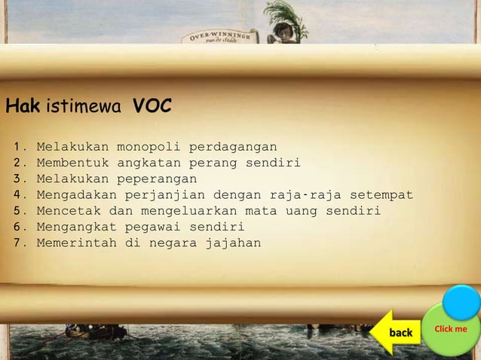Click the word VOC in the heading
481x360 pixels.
pos(152,108)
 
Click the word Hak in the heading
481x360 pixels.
pos(23,108)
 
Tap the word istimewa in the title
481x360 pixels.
pos(83,108)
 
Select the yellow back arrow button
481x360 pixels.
pos(396,332)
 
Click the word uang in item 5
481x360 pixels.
pos(300,210)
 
